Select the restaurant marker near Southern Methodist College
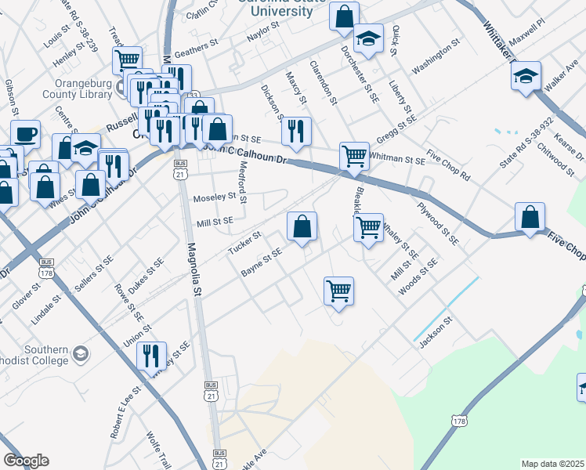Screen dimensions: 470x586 [x=151, y=356]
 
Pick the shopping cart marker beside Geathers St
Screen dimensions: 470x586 [x=127, y=60]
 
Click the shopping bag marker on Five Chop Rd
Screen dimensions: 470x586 [x=530, y=217]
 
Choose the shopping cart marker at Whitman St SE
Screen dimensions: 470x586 [x=354, y=156]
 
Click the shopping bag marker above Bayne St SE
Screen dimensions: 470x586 [x=302, y=226]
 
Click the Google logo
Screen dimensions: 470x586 [x=26, y=461]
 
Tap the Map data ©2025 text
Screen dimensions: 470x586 [x=552, y=464]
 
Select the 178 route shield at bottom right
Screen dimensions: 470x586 [x=459, y=421]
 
